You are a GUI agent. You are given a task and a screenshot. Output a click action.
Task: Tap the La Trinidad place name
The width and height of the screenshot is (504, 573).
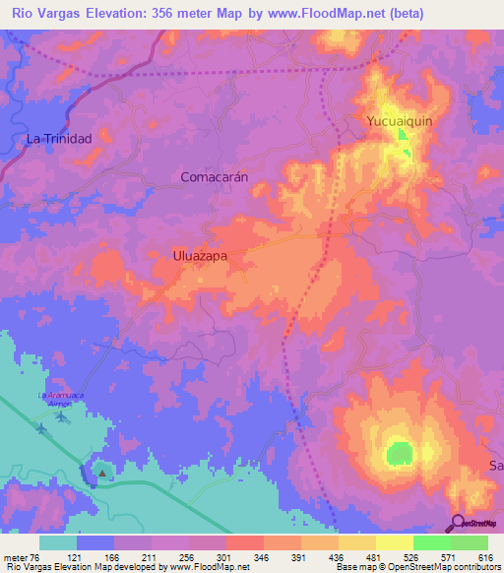(59, 139)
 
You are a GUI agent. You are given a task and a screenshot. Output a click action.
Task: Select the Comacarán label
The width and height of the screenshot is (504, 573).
(214, 176)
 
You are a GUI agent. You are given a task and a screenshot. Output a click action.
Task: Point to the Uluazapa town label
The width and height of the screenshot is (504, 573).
(194, 255)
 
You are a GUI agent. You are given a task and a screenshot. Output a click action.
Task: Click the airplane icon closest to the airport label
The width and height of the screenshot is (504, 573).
(63, 415)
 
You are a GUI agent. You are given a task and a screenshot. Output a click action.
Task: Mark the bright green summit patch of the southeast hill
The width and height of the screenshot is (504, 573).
(399, 453)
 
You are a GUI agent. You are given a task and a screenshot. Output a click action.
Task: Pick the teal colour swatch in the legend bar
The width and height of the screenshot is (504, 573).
(57, 541)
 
